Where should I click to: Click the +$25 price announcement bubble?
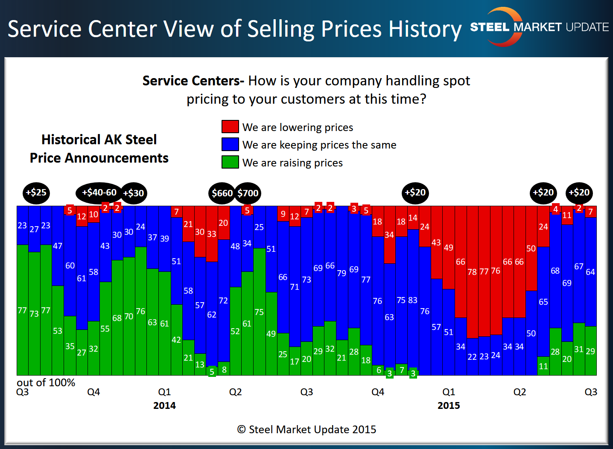point(36,192)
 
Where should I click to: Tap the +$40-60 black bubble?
point(99,192)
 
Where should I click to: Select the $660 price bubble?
point(222,193)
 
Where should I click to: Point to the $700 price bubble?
point(248,193)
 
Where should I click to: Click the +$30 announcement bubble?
point(134,193)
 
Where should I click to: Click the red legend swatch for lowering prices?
point(230,127)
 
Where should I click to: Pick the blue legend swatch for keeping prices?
point(230,144)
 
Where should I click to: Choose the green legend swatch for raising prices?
point(230,162)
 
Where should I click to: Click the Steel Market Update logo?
point(539,27)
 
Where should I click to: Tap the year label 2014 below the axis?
point(164,405)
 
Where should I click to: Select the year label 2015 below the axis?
point(449,405)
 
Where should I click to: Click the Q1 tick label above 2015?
point(449,392)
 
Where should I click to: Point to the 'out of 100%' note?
point(46,382)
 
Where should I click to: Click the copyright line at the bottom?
point(306,429)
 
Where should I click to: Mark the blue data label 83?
point(413,300)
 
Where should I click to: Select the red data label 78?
point(472,272)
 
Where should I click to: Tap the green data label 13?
point(200,364)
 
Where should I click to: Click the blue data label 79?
point(342,273)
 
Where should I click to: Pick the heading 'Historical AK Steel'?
point(99,140)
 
